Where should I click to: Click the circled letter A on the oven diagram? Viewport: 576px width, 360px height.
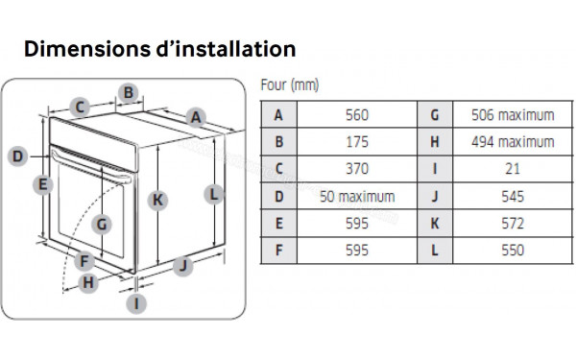(x=196, y=117)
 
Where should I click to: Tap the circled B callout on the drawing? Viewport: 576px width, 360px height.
(x=128, y=93)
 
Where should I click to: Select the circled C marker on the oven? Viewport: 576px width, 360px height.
(x=82, y=108)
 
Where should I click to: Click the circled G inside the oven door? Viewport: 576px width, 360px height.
(x=103, y=226)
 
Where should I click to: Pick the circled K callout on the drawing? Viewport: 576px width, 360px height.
(x=158, y=200)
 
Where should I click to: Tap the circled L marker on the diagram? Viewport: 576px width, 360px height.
(x=215, y=194)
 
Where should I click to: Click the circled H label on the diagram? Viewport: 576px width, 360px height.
(x=88, y=282)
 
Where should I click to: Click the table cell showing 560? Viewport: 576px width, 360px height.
(x=356, y=115)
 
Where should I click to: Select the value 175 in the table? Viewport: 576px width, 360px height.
(x=356, y=142)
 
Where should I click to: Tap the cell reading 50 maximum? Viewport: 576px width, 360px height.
(x=356, y=197)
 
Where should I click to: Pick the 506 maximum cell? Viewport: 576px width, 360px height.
(x=513, y=115)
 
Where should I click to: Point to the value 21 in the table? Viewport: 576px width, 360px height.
(x=513, y=170)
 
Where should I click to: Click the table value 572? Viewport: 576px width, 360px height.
(x=513, y=224)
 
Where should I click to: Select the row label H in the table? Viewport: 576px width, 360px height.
(x=435, y=142)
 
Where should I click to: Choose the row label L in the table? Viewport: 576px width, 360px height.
(x=435, y=251)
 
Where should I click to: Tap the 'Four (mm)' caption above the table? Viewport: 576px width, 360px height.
(x=289, y=85)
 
